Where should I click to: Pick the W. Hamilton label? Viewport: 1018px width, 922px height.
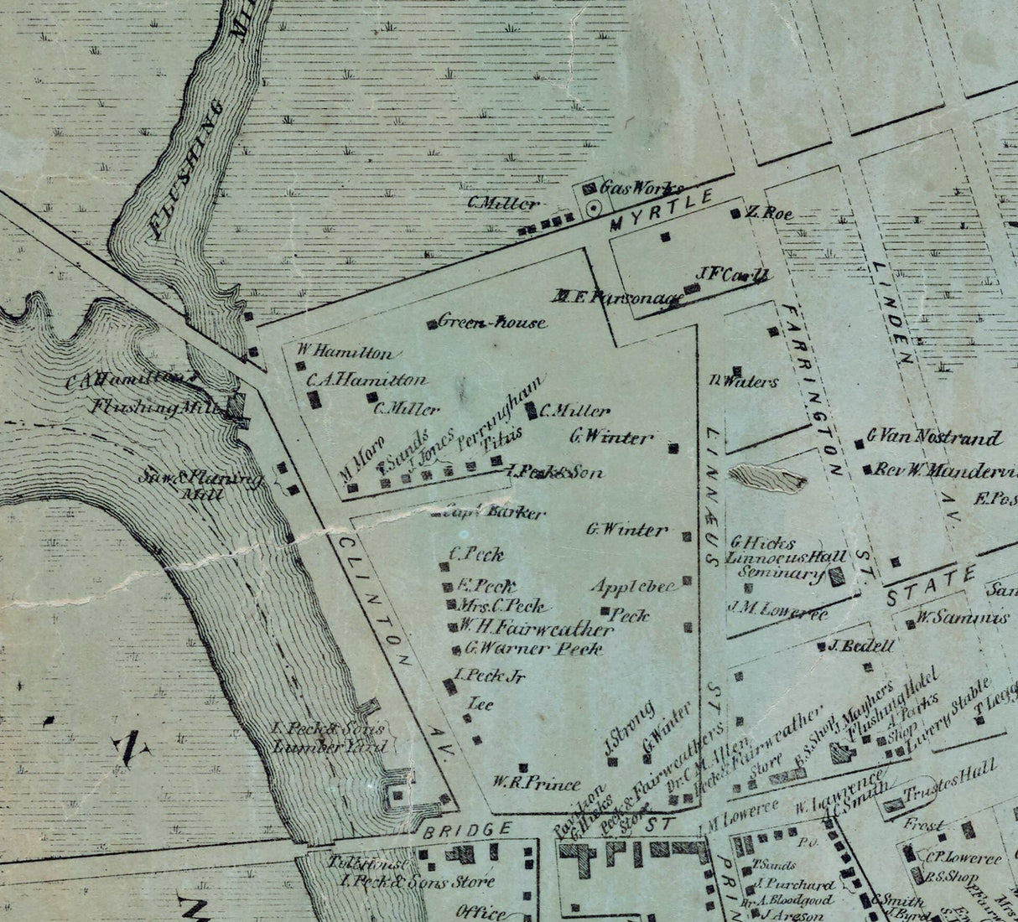tap(344, 353)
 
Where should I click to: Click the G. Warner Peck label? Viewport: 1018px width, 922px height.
tap(533, 648)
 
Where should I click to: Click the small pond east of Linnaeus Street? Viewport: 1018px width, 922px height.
tap(768, 479)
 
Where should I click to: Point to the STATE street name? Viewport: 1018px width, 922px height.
tap(932, 584)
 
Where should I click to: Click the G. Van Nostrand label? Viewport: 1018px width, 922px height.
tap(934, 437)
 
